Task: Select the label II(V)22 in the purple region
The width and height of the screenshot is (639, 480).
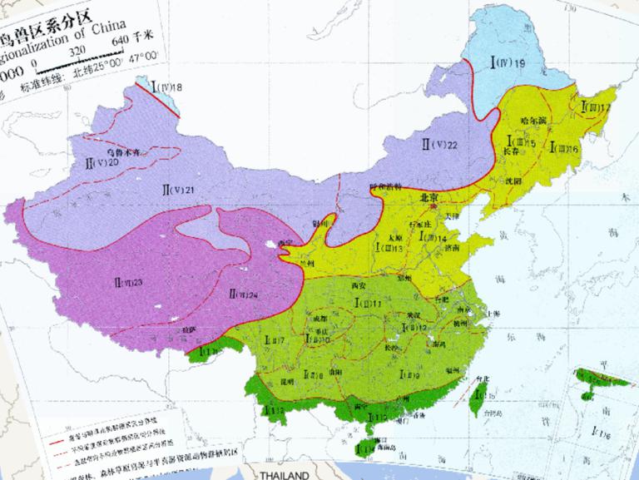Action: (440, 146)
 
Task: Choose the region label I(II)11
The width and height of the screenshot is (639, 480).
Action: (366, 304)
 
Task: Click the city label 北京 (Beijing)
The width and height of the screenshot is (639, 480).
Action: (429, 198)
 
